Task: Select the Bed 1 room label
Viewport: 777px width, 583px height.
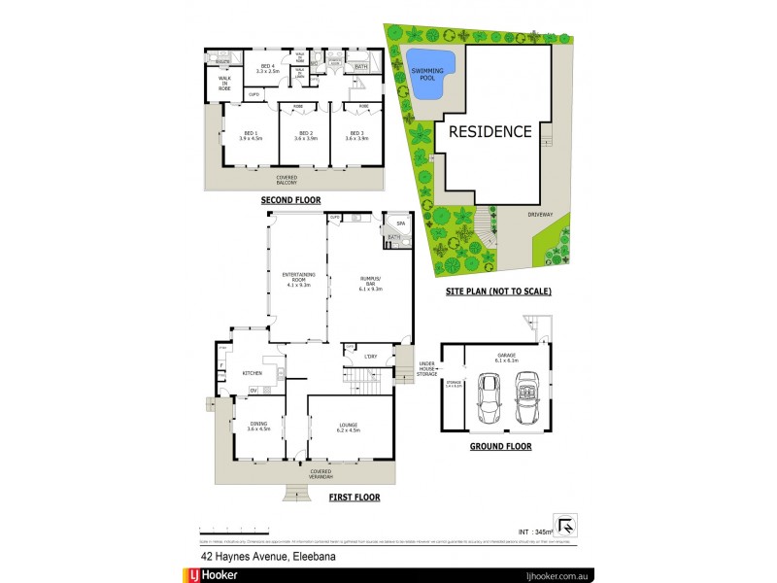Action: pos(251,135)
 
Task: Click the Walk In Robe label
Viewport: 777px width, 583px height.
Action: pos(224,84)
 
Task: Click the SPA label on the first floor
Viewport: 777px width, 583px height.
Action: pos(400,223)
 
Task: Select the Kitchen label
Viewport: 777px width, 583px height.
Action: pos(253,372)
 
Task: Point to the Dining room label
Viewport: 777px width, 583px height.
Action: pos(257,426)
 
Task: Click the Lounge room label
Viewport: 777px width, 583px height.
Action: pos(350,426)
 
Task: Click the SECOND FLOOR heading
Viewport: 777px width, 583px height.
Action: pos(290,200)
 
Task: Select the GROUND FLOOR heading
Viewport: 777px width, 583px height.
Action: pos(499,446)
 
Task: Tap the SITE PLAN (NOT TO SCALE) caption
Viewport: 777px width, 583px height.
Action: pos(498,291)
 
